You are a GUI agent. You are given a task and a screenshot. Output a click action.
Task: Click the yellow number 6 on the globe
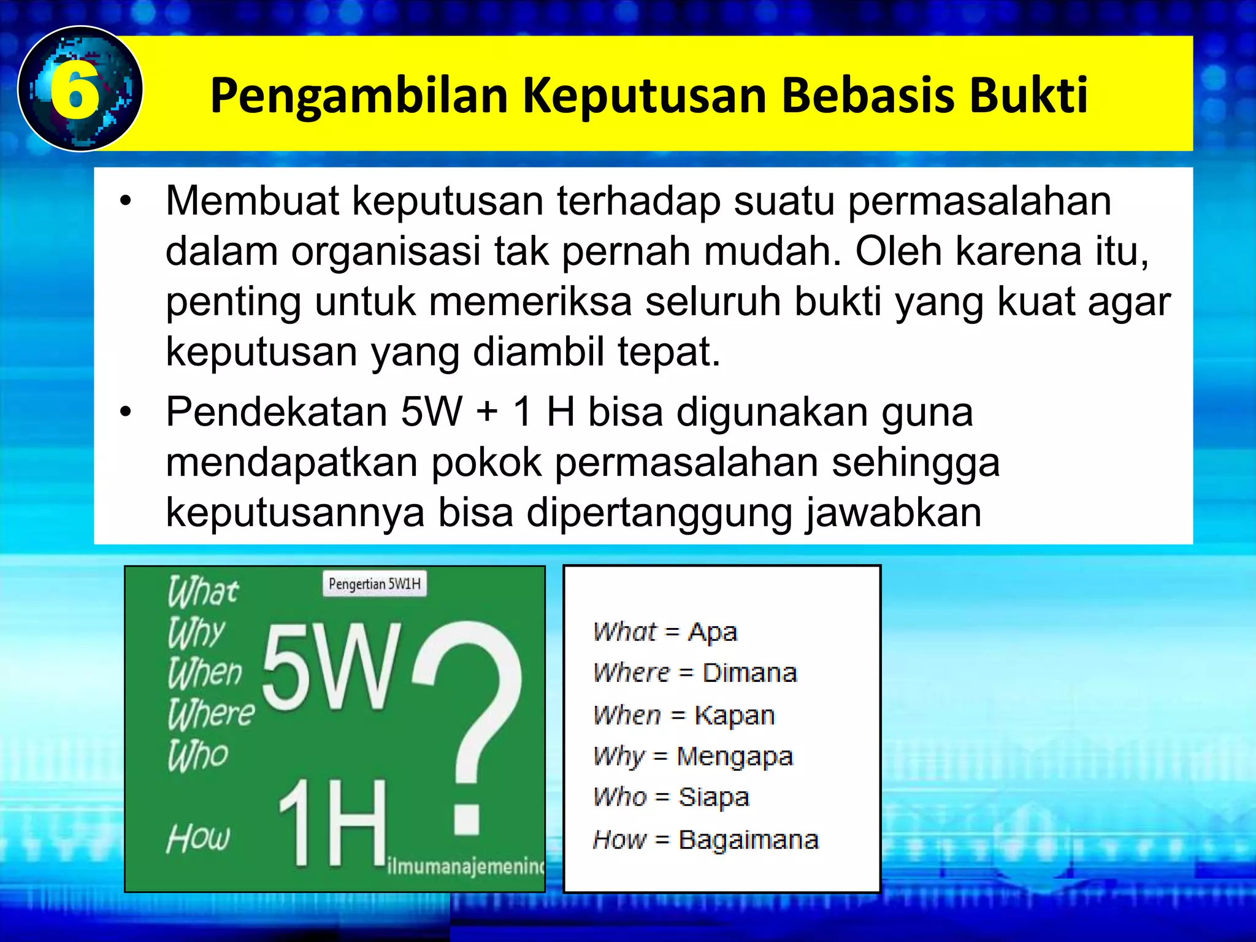click(75, 90)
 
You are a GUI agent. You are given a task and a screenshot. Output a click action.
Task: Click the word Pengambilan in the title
click(359, 96)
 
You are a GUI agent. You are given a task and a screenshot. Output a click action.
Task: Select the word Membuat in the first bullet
click(252, 201)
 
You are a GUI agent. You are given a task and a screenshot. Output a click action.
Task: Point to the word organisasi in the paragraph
click(385, 251)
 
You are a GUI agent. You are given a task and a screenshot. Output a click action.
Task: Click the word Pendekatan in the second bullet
click(276, 412)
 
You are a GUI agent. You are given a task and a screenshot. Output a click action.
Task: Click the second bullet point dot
click(126, 412)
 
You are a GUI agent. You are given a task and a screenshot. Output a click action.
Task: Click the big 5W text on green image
click(332, 668)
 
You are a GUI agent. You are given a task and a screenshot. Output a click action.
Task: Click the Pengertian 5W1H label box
click(374, 584)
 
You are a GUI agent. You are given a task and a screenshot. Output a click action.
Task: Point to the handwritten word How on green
click(198, 838)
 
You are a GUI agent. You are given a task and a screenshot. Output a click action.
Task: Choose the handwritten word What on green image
click(202, 592)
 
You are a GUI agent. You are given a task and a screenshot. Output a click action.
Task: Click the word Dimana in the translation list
click(749, 673)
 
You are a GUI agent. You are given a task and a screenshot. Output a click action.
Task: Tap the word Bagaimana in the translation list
click(748, 840)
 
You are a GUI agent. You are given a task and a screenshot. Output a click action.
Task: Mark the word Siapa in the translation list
click(713, 798)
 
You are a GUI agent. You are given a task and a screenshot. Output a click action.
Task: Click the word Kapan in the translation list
click(734, 716)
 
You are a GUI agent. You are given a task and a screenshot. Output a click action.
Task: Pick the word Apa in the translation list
click(712, 632)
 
